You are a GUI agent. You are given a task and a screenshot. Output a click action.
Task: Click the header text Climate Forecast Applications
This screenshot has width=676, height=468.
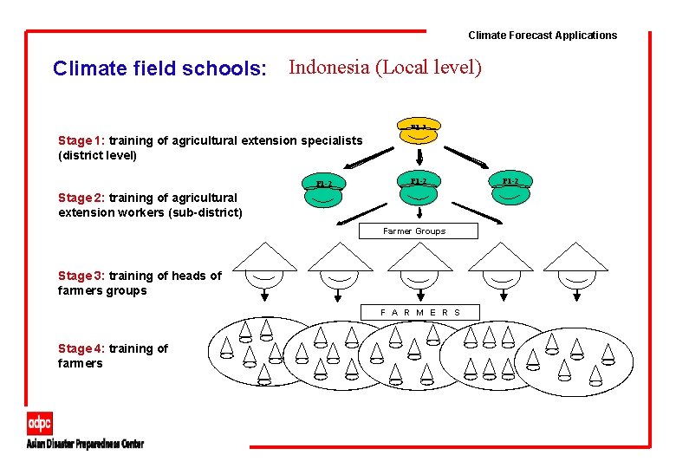[x=543, y=36]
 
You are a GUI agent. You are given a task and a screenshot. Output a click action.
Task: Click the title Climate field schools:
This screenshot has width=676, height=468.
[x=159, y=68]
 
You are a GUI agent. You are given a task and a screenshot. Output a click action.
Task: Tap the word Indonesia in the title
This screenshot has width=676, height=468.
[x=328, y=67]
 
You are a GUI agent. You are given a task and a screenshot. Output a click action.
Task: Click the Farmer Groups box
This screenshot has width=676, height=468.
[x=414, y=231]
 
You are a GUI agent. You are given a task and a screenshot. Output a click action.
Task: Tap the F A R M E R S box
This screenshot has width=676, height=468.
[x=420, y=312]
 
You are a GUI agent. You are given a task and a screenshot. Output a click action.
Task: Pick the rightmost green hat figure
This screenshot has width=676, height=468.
[x=510, y=188]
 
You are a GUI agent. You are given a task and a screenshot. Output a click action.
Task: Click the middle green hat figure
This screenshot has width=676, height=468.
[x=419, y=188]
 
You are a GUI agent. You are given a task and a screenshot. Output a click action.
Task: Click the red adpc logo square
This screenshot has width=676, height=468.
[x=40, y=424]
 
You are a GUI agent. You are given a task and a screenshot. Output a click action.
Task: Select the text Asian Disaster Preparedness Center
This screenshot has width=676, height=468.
[x=85, y=445]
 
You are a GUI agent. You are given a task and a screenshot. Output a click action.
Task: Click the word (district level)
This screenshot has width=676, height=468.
[x=97, y=156]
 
